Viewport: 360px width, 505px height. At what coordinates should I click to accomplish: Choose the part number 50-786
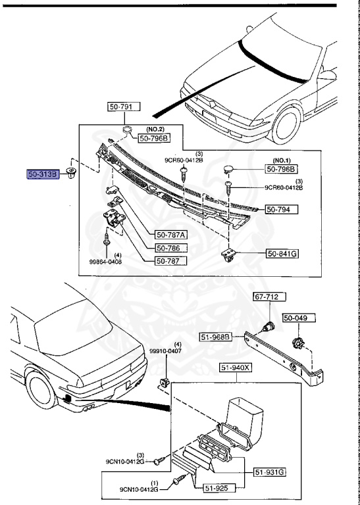pyautogui.click(x=170, y=248)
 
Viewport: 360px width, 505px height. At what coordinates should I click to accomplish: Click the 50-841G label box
pyautogui.click(x=282, y=253)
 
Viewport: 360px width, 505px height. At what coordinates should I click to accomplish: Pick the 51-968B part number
pyautogui.click(x=216, y=337)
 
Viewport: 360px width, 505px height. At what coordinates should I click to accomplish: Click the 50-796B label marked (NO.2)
pyautogui.click(x=153, y=137)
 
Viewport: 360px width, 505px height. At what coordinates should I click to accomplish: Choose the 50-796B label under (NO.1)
pyautogui.click(x=282, y=168)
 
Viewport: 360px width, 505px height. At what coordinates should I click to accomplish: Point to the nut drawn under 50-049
pyautogui.click(x=296, y=341)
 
